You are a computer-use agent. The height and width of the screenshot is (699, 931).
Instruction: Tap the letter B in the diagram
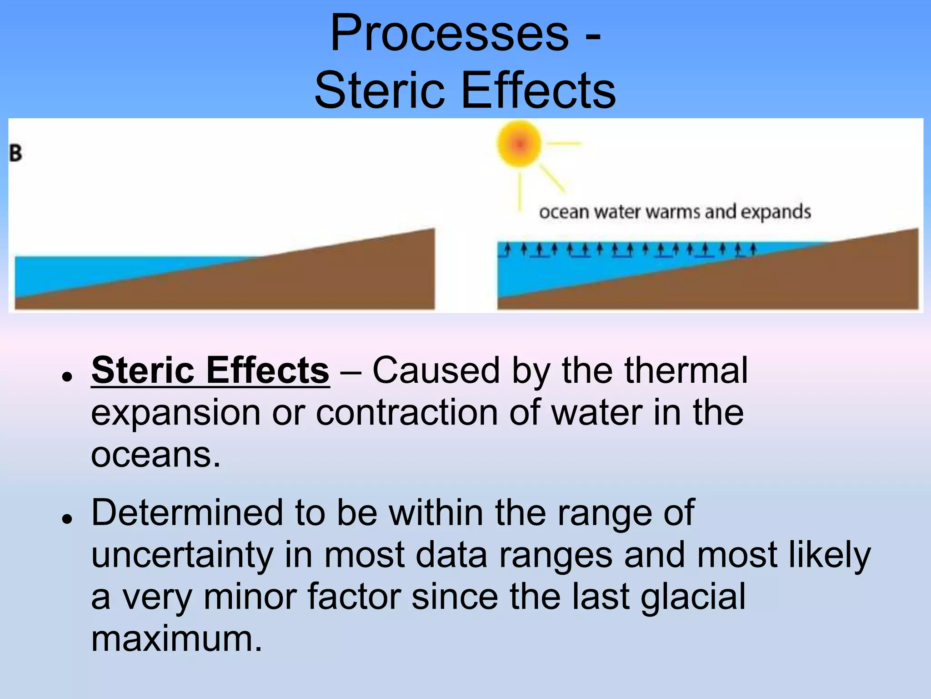click(15, 153)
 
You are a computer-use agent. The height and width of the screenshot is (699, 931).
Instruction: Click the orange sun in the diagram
click(519, 144)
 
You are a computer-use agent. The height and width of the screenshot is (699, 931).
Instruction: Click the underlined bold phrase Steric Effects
click(210, 370)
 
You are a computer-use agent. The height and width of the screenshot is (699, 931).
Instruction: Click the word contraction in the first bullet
click(406, 412)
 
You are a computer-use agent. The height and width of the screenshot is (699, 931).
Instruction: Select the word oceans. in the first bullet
click(155, 455)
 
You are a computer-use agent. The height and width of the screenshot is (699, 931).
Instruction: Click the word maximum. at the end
click(176, 639)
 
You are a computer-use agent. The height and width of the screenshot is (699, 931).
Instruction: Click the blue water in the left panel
click(91, 273)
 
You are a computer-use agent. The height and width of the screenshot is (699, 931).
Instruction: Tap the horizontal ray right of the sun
click(564, 143)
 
